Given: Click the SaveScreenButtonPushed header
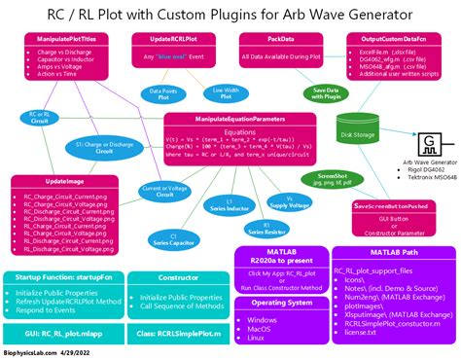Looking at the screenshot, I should coord(392,206).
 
